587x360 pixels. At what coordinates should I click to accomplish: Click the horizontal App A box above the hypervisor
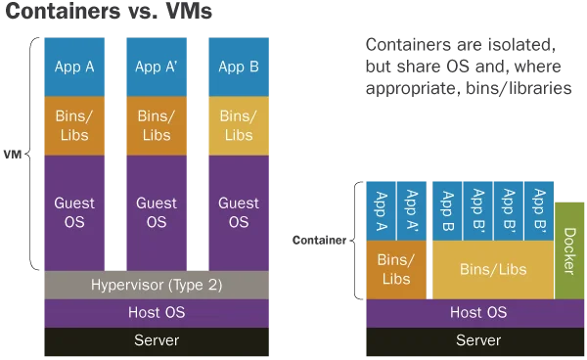(x=74, y=67)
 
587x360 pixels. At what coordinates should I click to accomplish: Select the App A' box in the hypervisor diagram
(x=157, y=67)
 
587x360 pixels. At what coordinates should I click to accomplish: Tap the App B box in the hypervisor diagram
(x=238, y=67)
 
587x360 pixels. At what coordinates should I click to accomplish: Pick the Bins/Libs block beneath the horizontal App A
(x=74, y=125)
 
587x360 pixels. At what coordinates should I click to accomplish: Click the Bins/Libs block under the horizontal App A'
(x=157, y=125)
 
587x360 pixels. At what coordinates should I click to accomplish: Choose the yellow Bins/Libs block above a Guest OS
(x=238, y=125)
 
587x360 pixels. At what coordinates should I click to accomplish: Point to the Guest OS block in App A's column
(x=74, y=212)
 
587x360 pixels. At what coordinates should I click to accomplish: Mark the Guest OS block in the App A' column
(x=157, y=212)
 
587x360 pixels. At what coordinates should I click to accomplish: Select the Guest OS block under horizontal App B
(x=238, y=212)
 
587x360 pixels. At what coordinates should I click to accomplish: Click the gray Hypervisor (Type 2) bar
(x=157, y=285)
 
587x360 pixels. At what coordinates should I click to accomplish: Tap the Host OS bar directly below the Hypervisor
(x=157, y=313)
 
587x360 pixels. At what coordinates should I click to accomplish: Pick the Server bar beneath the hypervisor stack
(x=157, y=340)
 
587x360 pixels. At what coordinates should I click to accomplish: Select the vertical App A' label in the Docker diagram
(x=412, y=211)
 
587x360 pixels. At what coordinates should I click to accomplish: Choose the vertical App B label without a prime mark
(x=447, y=211)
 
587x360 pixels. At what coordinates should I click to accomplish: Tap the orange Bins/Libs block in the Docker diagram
(x=396, y=269)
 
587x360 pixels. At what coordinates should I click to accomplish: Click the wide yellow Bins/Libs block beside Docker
(x=493, y=269)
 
